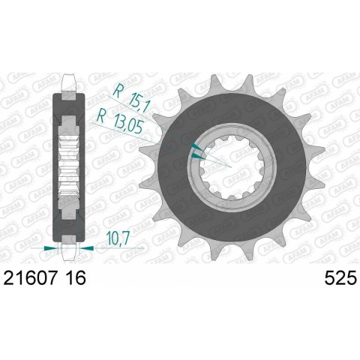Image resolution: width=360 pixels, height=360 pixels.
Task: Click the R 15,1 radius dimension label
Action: point(131,97)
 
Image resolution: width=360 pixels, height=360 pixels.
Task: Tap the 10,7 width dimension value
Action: point(118,238)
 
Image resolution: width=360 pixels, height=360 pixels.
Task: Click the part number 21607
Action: point(29,278)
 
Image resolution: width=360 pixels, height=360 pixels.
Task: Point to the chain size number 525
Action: point(340,278)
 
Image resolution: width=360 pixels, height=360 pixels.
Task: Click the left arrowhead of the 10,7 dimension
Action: point(50,248)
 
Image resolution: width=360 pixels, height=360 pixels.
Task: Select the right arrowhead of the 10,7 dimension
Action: point(86,248)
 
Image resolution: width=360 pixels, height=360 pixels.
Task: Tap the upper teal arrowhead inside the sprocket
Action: point(196,147)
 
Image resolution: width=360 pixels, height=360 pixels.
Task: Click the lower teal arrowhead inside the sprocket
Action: point(198,157)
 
